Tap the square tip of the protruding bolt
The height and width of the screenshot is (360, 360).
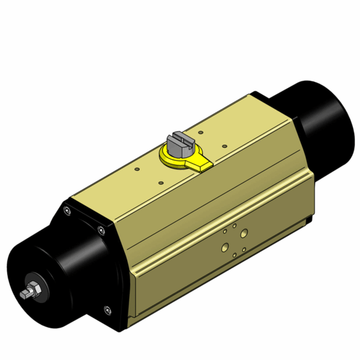click(x=23, y=295)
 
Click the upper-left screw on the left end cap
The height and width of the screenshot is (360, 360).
click(x=67, y=210)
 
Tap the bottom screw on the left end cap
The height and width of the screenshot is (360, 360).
click(x=108, y=310)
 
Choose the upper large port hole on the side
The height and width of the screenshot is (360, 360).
click(x=244, y=232)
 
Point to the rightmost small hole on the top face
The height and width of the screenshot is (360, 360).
click(x=224, y=145)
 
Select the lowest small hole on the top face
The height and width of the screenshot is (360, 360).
click(x=161, y=184)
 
